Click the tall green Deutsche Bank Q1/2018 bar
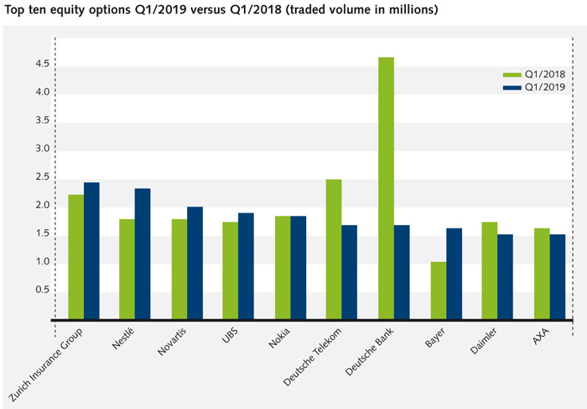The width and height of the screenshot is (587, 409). click(386, 188)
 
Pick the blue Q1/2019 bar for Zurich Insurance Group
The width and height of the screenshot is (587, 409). click(91, 251)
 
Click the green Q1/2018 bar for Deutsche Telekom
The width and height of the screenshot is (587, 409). click(333, 249)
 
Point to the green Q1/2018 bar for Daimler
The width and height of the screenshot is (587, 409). click(490, 270)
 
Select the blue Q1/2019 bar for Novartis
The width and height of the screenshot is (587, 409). click(195, 263)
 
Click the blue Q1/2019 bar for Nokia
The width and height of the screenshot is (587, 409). click(299, 268)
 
